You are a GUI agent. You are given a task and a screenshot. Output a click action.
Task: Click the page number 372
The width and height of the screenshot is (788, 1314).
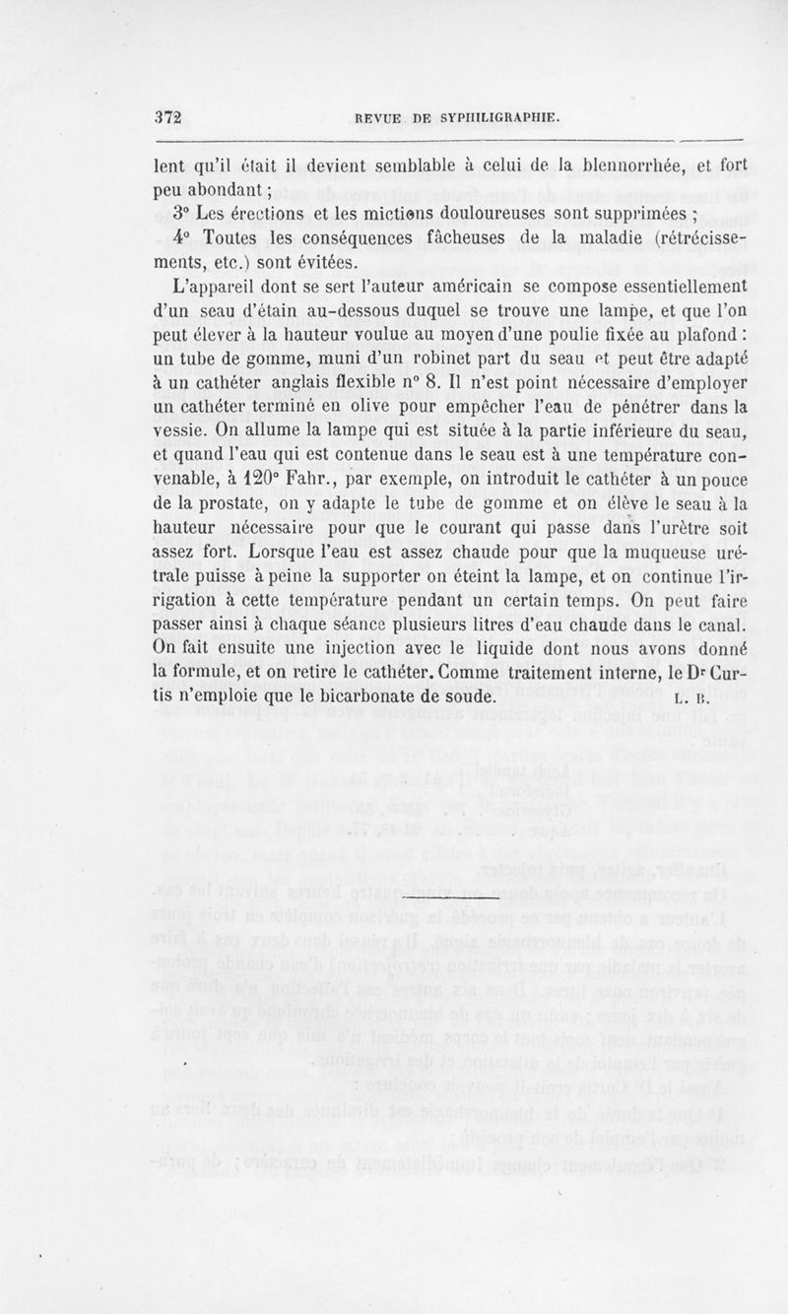click(169, 115)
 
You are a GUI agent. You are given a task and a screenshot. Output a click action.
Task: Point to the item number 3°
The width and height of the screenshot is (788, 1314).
click(181, 216)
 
